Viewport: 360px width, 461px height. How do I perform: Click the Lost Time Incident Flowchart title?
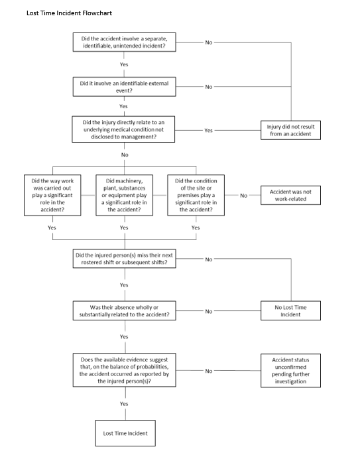pyautogui.click(x=69, y=13)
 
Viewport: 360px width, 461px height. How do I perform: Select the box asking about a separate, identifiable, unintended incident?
pyautogui.click(x=125, y=42)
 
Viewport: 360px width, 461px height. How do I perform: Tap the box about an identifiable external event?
pyautogui.click(x=125, y=87)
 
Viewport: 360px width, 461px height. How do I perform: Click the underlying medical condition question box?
pyautogui.click(x=123, y=129)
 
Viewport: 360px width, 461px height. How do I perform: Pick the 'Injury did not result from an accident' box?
pyautogui.click(x=290, y=130)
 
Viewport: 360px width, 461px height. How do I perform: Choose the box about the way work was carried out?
pyautogui.click(x=52, y=195)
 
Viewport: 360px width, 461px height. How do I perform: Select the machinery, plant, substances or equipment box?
pyautogui.click(x=125, y=195)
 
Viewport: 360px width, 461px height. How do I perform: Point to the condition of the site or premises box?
pyautogui.click(x=196, y=195)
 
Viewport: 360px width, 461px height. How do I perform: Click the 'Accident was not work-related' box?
pyautogui.click(x=290, y=195)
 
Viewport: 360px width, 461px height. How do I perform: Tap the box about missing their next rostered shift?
pyautogui.click(x=125, y=259)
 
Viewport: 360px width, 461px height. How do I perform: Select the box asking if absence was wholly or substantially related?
pyautogui.click(x=125, y=310)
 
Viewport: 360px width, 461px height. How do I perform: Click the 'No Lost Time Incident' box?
pyautogui.click(x=290, y=310)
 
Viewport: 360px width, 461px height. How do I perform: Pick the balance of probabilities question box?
pyautogui.click(x=125, y=370)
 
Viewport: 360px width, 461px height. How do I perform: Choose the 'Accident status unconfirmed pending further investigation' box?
pyautogui.click(x=290, y=370)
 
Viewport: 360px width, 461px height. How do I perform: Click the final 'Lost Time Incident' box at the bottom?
pyautogui.click(x=125, y=433)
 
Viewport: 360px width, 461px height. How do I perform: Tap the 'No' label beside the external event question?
pyautogui.click(x=209, y=87)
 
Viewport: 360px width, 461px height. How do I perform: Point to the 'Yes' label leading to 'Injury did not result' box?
pyautogui.click(x=208, y=130)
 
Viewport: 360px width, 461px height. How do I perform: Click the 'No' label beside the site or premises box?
pyautogui.click(x=243, y=196)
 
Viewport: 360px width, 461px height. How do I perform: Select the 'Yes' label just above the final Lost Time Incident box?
pyautogui.click(x=124, y=404)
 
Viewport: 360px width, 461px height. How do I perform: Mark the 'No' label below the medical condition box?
pyautogui.click(x=125, y=155)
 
